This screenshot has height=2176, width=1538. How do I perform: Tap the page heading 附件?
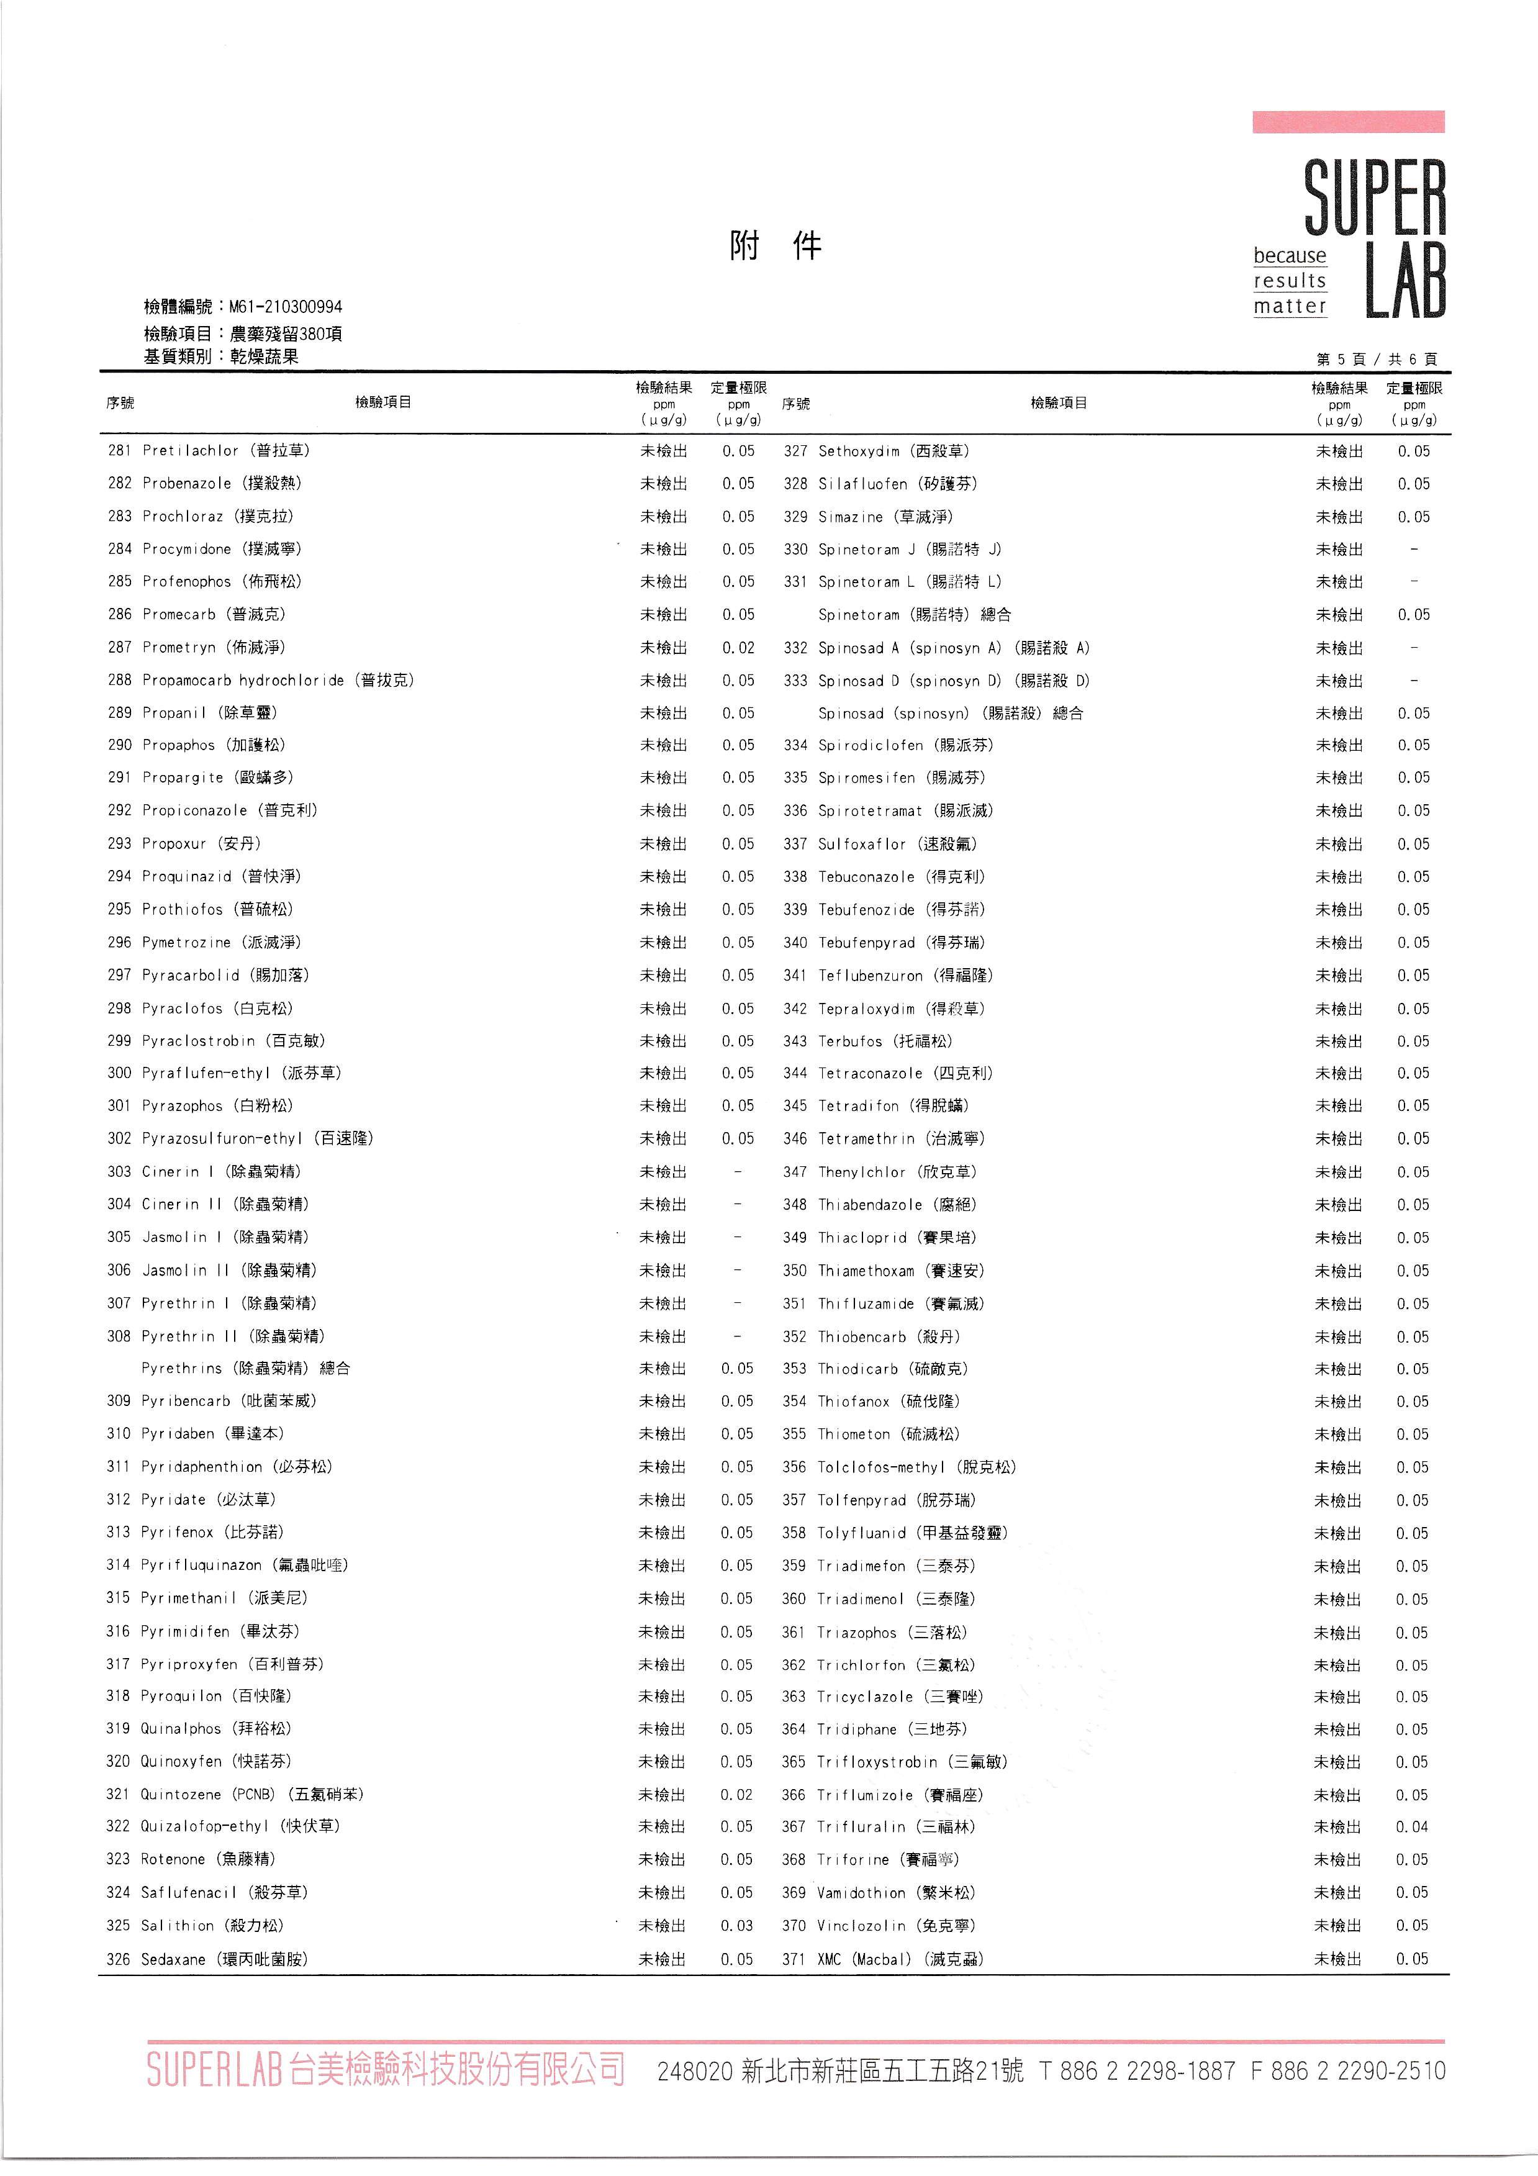coord(774,247)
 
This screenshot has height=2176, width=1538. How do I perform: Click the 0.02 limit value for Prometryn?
coord(738,647)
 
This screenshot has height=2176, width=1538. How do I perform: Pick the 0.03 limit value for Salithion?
coord(736,1925)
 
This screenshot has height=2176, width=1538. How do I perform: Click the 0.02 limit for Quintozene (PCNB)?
coord(736,1794)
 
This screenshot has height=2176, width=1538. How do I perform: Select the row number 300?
coord(119,1073)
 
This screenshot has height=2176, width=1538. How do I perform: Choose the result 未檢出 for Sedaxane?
coord(661,1958)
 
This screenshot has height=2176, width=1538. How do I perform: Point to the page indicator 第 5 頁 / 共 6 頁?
coord(1376,358)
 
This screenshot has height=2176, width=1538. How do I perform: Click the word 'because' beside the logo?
coord(1289,256)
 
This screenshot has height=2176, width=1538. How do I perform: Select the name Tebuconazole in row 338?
coord(866,877)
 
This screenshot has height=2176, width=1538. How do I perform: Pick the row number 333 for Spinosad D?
coord(795,681)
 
